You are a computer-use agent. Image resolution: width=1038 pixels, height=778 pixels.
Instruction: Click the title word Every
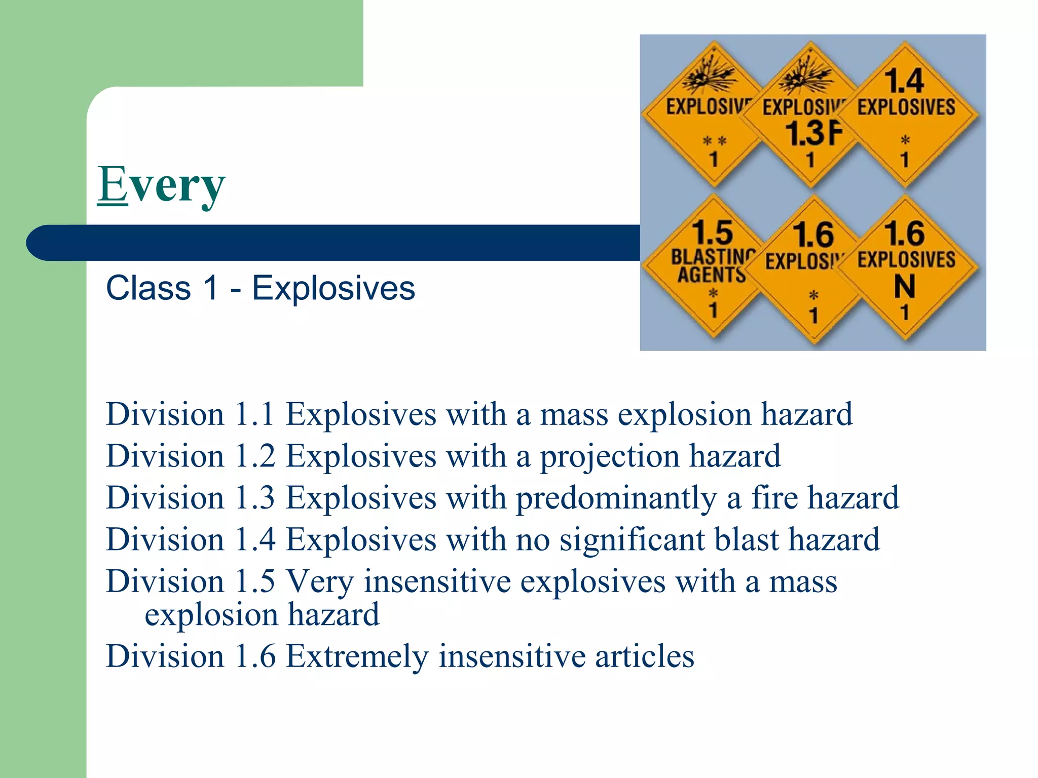(161, 185)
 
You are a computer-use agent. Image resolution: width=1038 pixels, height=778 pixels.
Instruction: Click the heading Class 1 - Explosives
(260, 288)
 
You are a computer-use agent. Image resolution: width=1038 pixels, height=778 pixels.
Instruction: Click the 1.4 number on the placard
(904, 81)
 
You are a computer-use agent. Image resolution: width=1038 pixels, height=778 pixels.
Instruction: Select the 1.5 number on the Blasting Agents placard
(713, 233)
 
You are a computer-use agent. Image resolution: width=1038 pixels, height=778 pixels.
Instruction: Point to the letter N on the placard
(905, 287)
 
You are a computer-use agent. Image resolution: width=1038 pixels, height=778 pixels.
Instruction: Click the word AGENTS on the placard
(711, 275)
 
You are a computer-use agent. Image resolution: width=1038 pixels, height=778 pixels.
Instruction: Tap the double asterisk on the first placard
(715, 141)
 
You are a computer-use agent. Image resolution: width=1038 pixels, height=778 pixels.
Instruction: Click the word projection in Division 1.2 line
(609, 456)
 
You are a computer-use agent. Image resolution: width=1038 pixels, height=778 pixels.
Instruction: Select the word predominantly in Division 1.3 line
(616, 498)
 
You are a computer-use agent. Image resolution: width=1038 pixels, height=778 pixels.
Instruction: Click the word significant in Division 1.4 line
(632, 539)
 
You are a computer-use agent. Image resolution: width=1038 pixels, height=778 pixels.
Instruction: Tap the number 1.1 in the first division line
(255, 414)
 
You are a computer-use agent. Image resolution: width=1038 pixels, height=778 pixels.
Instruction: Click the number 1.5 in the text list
(255, 581)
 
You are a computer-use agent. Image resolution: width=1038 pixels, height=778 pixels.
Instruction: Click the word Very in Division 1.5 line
(320, 581)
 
